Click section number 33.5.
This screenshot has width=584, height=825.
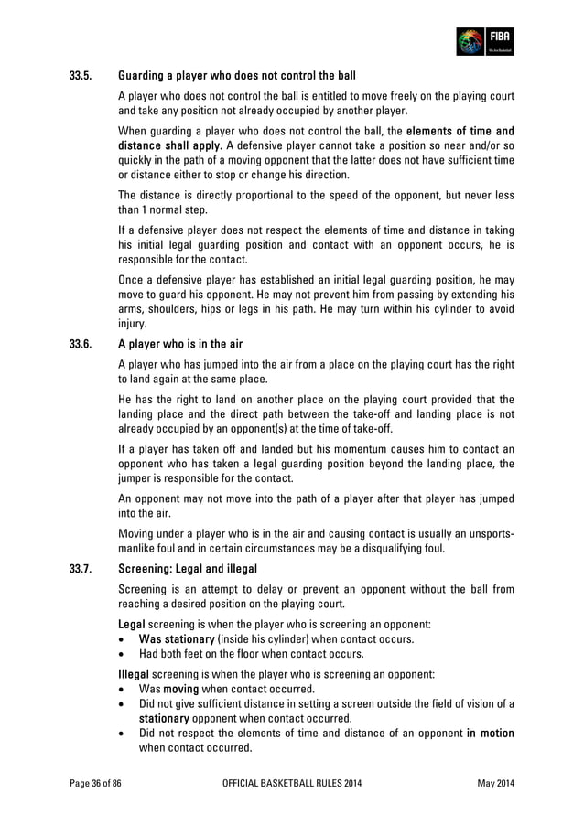(x=83, y=74)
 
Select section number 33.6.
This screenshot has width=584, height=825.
(x=83, y=345)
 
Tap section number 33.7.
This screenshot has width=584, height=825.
(x=83, y=571)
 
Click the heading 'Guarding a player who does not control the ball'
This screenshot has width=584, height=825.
(x=237, y=74)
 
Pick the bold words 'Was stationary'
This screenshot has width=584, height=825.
(x=177, y=637)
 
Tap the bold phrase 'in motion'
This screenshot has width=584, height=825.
(x=490, y=733)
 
